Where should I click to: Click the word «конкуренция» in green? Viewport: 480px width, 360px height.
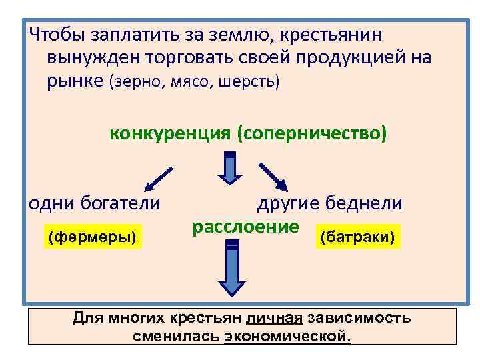(x=169, y=133)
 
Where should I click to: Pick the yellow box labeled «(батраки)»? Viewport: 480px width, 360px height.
(x=359, y=237)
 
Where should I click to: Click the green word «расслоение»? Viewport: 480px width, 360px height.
(x=245, y=227)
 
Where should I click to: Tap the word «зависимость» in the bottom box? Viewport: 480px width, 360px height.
(x=363, y=319)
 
